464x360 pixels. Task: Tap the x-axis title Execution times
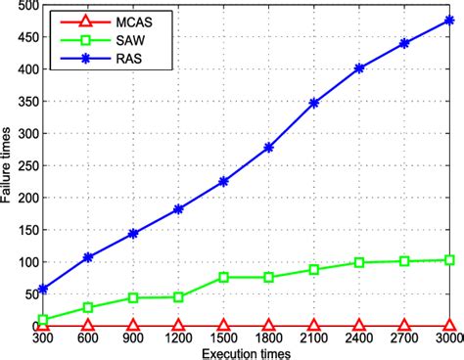click(247, 352)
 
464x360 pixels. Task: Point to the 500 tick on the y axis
click(22, 6)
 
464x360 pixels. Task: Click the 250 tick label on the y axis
click(22, 165)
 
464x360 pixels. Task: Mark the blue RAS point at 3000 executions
click(449, 21)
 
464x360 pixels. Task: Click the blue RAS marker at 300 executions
click(43, 289)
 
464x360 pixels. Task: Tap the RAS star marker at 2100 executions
click(314, 103)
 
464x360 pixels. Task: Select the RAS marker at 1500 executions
click(223, 182)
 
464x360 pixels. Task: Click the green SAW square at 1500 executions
click(223, 277)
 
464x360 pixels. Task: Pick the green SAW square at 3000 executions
click(449, 260)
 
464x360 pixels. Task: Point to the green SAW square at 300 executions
click(43, 319)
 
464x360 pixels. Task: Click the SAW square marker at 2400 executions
click(359, 262)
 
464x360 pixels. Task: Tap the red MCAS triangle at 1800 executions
click(269, 325)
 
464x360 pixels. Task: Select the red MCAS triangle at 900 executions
click(133, 325)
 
